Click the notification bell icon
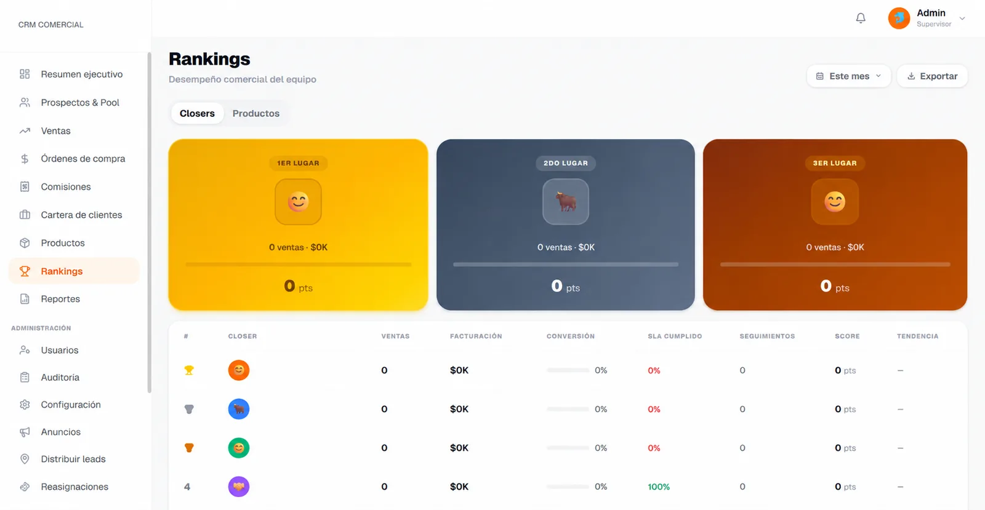pos(861,18)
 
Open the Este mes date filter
pos(849,76)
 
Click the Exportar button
pos(932,76)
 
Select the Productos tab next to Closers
pos(256,113)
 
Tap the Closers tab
pos(197,113)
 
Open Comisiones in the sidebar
pos(65,186)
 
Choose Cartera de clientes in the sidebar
pos(81,215)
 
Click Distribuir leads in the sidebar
pos(73,459)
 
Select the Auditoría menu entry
pos(60,377)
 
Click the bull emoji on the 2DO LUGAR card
pos(566,202)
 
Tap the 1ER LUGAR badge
pos(298,163)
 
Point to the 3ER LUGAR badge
pos(835,163)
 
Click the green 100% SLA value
pos(659,487)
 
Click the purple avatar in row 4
pos(239,487)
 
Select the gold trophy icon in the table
pos(189,370)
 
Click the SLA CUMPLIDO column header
pos(675,336)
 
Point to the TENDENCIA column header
pos(918,336)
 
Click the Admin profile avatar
pos(899,18)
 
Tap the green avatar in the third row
pos(239,448)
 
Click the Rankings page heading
pos(209,59)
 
